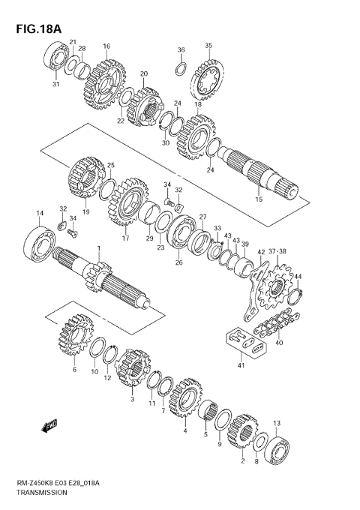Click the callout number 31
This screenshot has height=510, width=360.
coord(55,84)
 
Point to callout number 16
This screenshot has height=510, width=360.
coord(107,46)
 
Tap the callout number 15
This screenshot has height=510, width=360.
coord(259,199)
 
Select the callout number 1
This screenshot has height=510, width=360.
coord(97,248)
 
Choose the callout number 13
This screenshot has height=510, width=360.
coord(277,423)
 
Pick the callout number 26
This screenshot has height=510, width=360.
coord(178,262)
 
